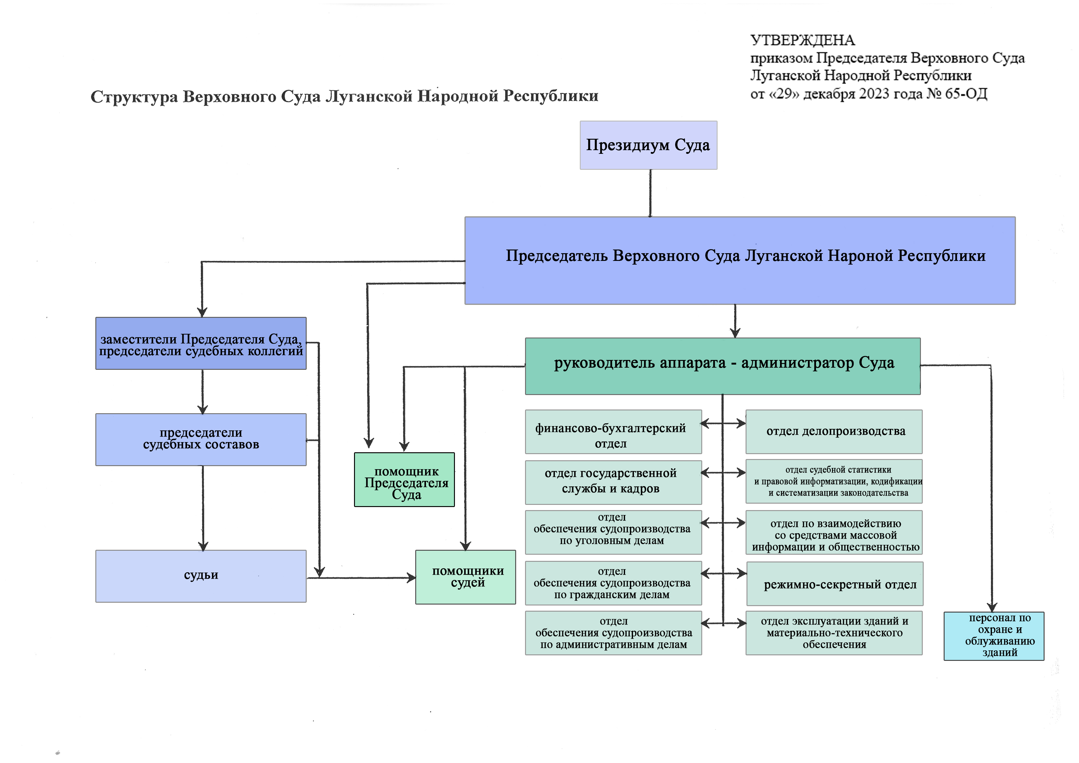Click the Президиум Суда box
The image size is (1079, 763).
[648, 145]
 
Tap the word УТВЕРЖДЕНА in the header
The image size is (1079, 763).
[802, 40]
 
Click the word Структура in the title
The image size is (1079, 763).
[134, 97]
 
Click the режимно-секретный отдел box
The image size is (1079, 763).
[835, 584]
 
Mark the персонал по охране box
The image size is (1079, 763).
[993, 636]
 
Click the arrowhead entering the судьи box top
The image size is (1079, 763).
[203, 546]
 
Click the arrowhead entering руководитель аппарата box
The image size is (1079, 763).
[735, 333]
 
